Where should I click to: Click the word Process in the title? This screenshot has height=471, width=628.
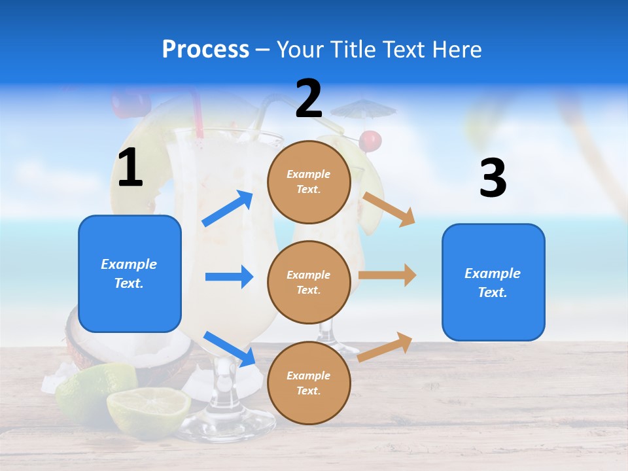tap(205, 49)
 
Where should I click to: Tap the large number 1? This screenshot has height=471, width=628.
tap(130, 167)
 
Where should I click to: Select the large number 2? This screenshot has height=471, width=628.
tap(309, 99)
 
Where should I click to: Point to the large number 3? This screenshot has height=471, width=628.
tap(493, 179)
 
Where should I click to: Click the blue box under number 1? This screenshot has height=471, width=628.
tap(130, 273)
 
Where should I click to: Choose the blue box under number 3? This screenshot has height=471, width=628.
tap(493, 282)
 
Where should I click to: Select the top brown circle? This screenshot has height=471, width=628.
tap(309, 181)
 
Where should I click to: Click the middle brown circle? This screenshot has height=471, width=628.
tap(309, 282)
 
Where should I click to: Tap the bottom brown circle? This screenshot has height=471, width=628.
tap(309, 383)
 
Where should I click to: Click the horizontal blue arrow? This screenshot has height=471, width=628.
tap(229, 277)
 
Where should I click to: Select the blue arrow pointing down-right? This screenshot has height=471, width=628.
tap(229, 349)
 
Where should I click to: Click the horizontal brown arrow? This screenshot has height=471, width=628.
tap(387, 275)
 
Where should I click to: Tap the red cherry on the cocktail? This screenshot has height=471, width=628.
tap(371, 139)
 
